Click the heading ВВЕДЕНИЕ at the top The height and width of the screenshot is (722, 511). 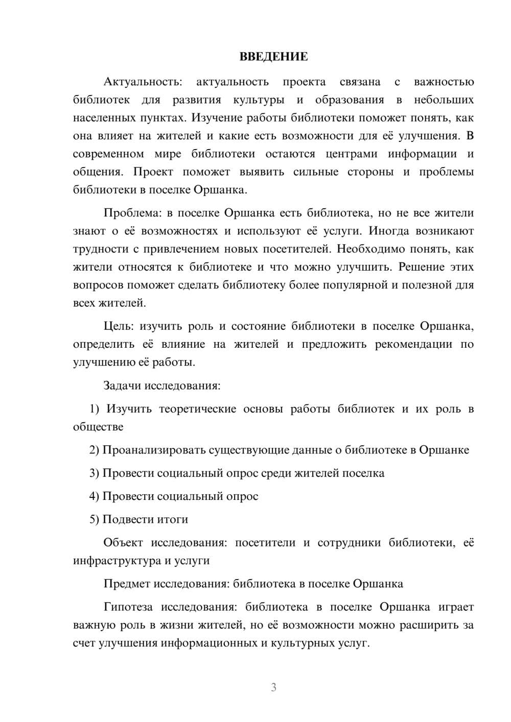click(273, 57)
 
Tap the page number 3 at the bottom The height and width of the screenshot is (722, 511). click(273, 687)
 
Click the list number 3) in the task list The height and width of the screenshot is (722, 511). click(94, 473)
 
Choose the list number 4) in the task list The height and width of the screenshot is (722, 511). click(94, 496)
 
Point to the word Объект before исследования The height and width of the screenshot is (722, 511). click(123, 543)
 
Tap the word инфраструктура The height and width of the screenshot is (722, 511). click(117, 561)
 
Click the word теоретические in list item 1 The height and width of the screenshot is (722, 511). click(198, 409)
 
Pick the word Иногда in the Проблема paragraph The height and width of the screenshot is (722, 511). click(389, 231)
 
